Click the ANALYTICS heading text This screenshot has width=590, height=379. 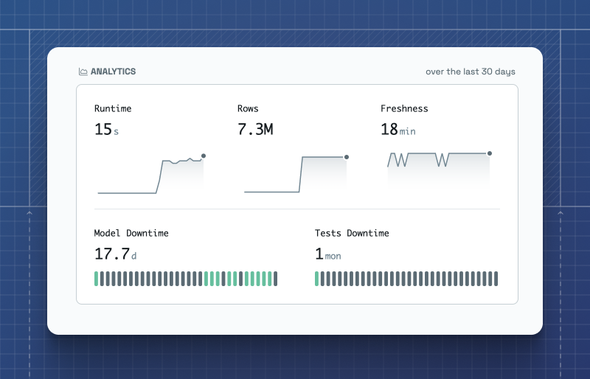pyautogui.click(x=113, y=72)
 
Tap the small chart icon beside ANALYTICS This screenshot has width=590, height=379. pyautogui.click(x=83, y=72)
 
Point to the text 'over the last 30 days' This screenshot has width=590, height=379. pyautogui.click(x=471, y=72)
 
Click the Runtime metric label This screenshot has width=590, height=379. pyautogui.click(x=113, y=108)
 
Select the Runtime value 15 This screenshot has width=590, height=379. pyautogui.click(x=103, y=130)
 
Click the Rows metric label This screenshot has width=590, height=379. pyautogui.click(x=248, y=108)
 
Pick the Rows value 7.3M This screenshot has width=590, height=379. pyautogui.click(x=255, y=130)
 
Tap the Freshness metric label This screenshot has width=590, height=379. pyautogui.click(x=404, y=108)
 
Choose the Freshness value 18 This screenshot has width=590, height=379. pyautogui.click(x=389, y=130)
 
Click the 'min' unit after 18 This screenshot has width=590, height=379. pyautogui.click(x=408, y=131)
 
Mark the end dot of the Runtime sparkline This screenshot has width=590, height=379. pyautogui.click(x=204, y=156)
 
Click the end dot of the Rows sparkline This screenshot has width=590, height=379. pyautogui.click(x=347, y=156)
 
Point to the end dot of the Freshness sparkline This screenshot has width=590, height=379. pyautogui.click(x=490, y=153)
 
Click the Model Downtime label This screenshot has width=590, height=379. pyautogui.click(x=131, y=233)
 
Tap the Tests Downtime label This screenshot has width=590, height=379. pyautogui.click(x=352, y=233)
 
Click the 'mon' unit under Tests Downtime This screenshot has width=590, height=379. pyautogui.click(x=333, y=257)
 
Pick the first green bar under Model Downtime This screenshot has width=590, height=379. pyautogui.click(x=96, y=278)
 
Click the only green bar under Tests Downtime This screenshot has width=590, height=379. pyautogui.click(x=317, y=278)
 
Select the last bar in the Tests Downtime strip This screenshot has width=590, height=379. pyautogui.click(x=496, y=278)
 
